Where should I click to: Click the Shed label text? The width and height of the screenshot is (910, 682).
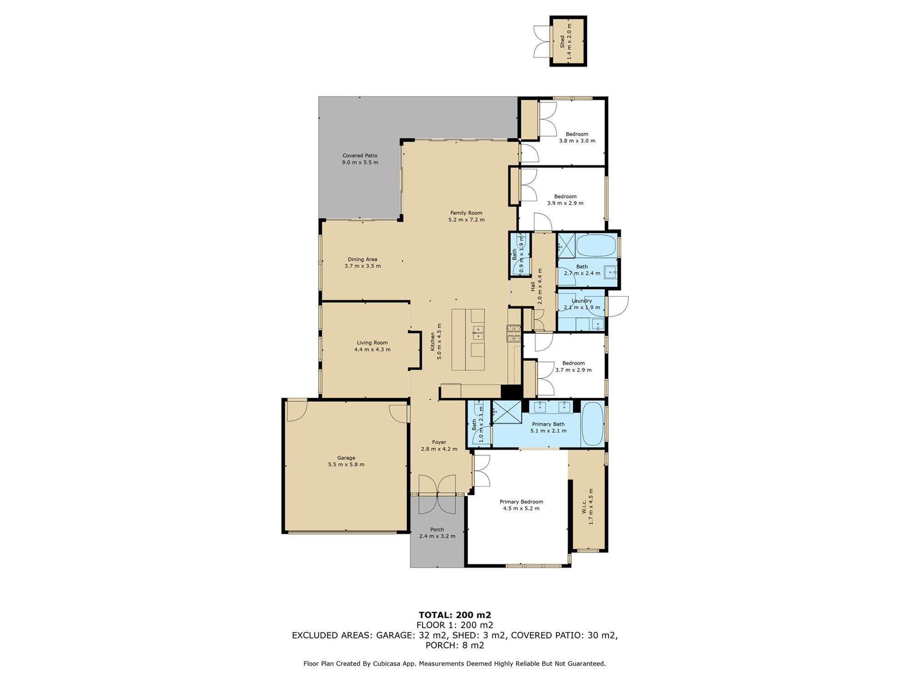[562, 41]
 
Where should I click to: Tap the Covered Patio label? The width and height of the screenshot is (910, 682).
[360, 155]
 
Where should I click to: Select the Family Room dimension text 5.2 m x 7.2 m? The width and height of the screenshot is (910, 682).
[466, 220]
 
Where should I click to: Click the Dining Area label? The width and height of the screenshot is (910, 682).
[363, 259]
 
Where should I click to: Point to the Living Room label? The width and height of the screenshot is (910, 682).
[372, 343]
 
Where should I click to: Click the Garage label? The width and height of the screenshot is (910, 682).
[346, 458]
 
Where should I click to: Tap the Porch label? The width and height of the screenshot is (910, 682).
[437, 530]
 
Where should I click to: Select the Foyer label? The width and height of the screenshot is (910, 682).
[439, 442]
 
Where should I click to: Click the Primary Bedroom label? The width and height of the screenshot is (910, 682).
[521, 502]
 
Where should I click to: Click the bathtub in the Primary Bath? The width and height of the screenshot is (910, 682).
[592, 424]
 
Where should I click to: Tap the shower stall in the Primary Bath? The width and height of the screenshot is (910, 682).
[507, 411]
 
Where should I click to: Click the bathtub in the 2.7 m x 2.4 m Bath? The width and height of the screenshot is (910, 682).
[596, 246]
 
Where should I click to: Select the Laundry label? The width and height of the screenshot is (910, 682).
[582, 301]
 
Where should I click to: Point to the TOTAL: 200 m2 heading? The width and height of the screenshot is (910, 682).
[455, 615]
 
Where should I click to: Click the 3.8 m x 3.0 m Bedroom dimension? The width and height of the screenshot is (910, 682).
[577, 141]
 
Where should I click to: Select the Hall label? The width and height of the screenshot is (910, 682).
[533, 286]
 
